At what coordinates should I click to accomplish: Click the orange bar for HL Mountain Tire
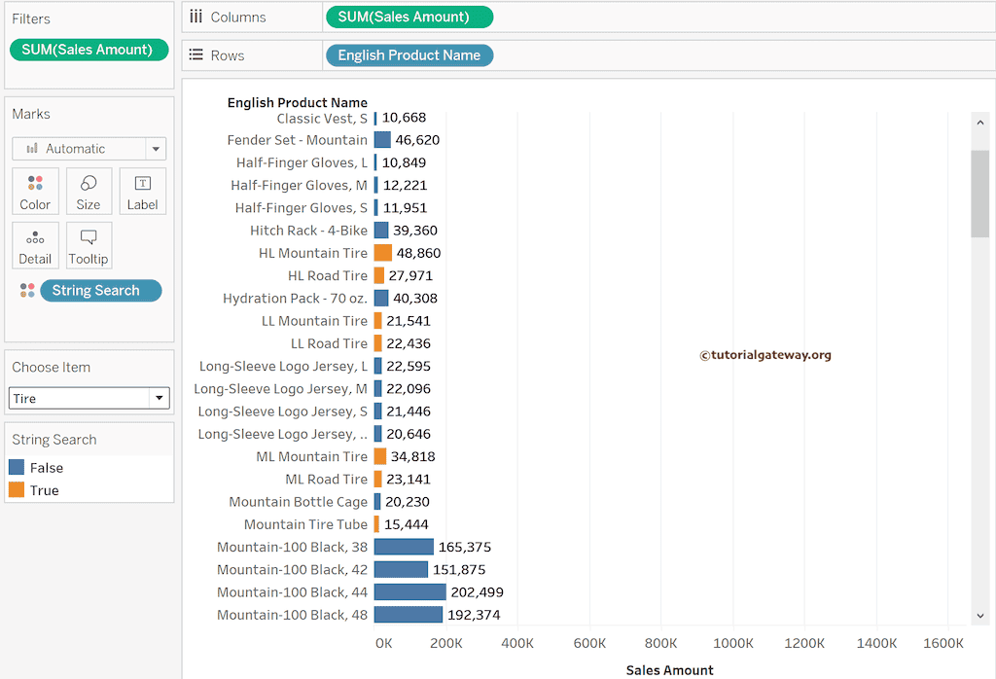point(382,253)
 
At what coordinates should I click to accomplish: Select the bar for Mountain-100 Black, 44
point(409,591)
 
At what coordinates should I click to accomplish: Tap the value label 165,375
point(464,547)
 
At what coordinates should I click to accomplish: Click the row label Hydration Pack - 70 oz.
point(295,298)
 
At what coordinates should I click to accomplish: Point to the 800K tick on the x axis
point(661,643)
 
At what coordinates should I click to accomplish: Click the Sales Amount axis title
point(669,670)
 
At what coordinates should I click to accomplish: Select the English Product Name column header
point(297,102)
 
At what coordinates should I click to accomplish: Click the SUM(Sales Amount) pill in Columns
point(409,17)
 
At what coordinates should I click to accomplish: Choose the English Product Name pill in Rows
point(409,55)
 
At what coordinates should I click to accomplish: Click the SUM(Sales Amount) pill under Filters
point(89,50)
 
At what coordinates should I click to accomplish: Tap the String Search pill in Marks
point(95,290)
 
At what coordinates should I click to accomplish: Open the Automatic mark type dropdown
point(89,149)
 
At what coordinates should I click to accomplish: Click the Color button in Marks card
point(35,192)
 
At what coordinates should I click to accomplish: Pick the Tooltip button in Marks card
point(89,246)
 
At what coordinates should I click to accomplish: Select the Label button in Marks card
point(142,192)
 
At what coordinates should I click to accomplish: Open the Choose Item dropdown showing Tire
point(89,398)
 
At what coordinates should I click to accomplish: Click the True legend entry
point(44,490)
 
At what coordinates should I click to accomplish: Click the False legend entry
point(46,468)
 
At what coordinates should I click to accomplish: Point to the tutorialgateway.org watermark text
point(765,355)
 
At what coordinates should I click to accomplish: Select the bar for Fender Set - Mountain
point(382,140)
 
